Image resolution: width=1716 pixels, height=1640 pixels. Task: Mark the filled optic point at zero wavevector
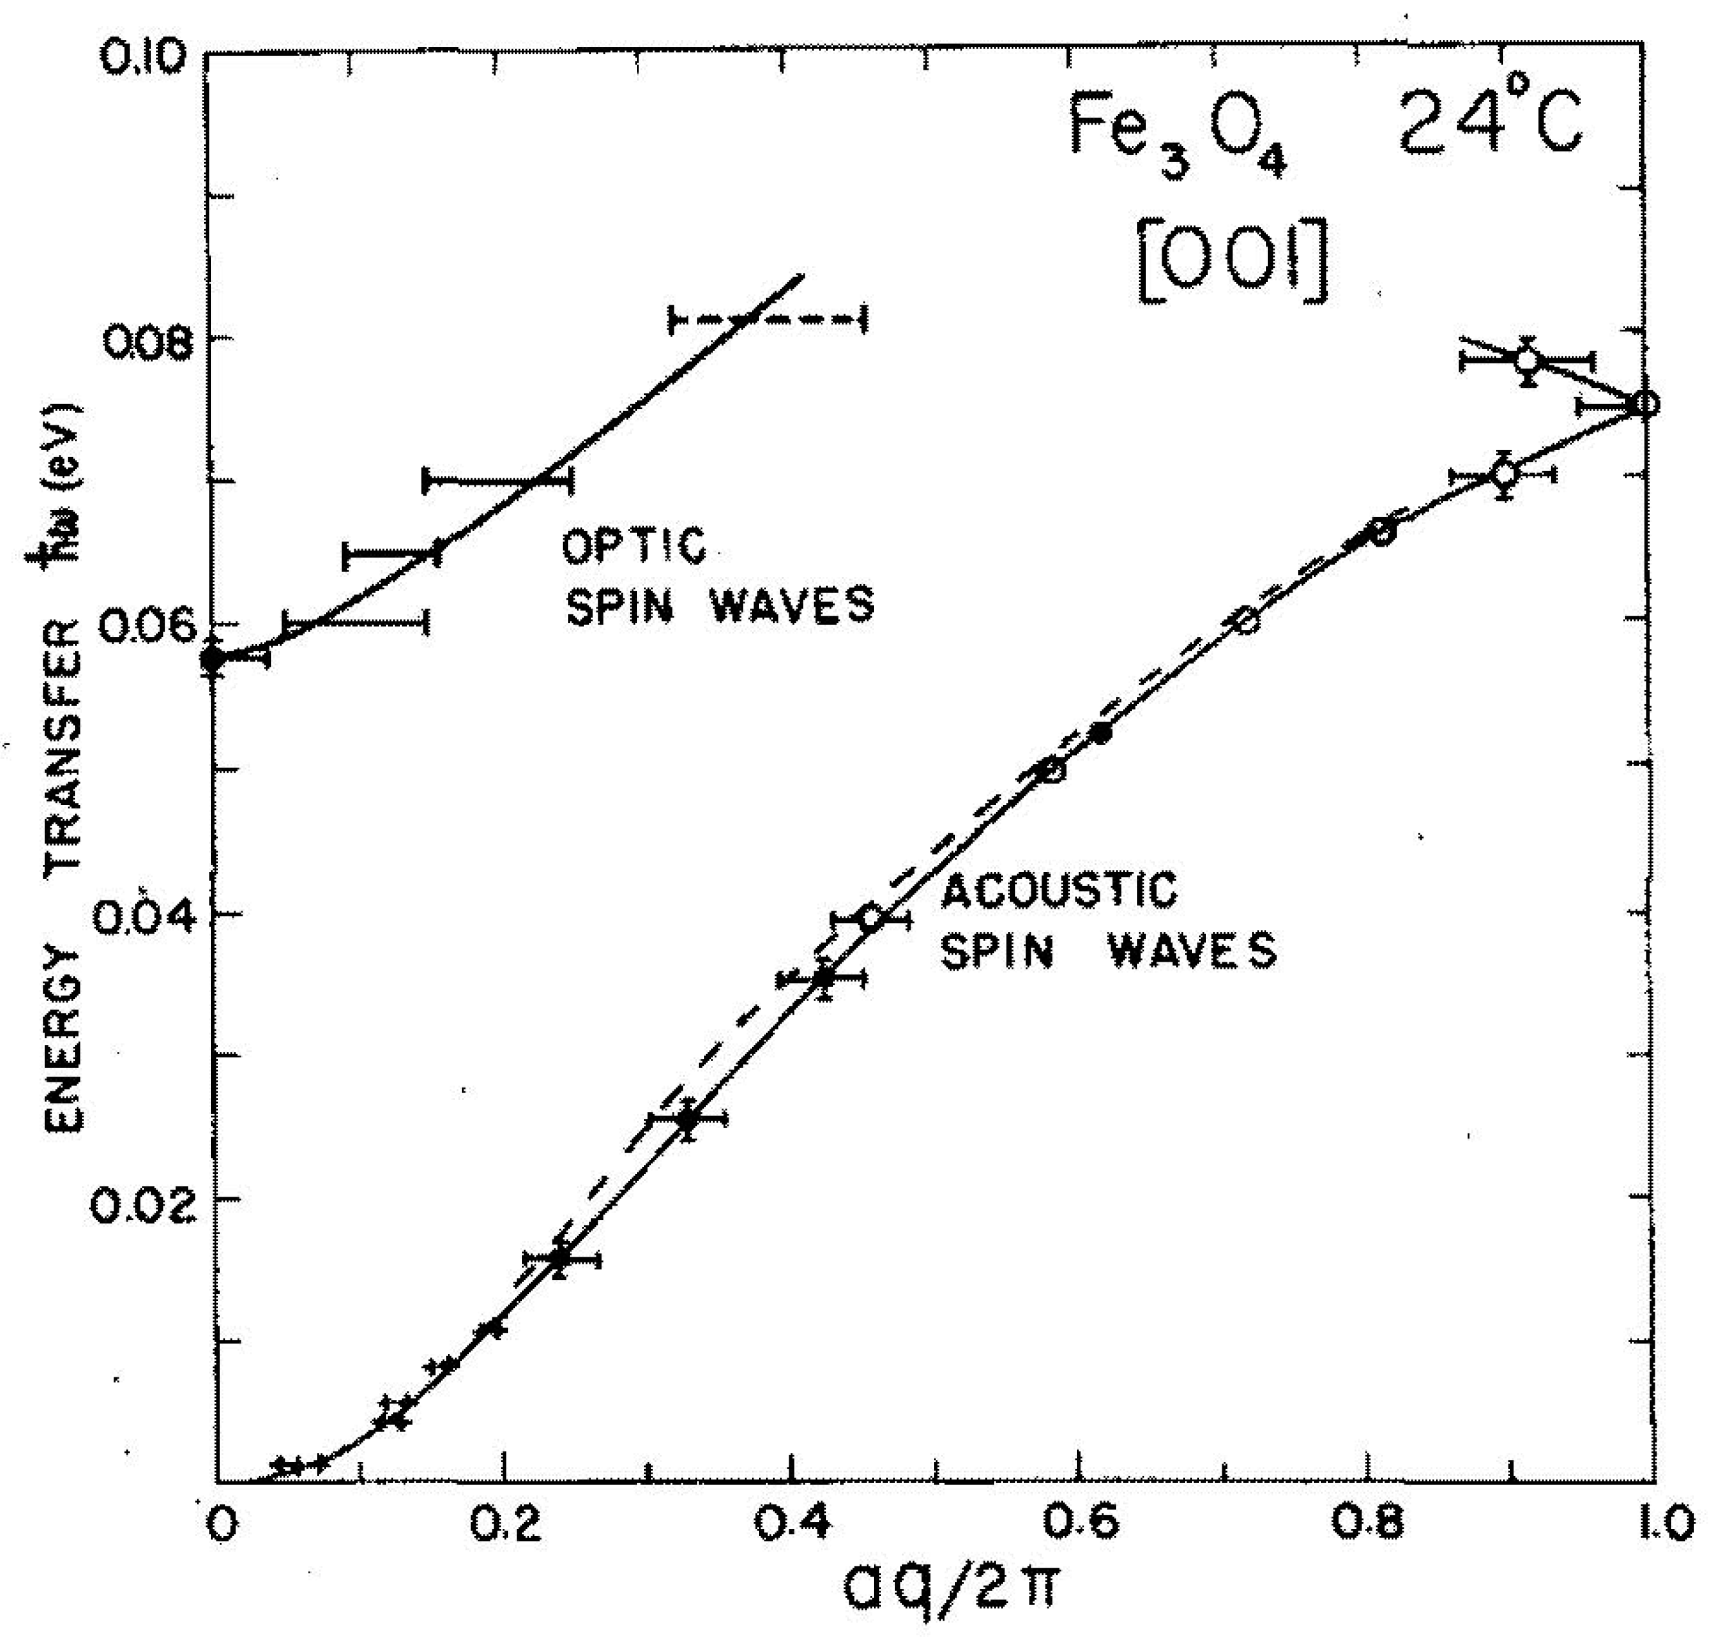coord(212,661)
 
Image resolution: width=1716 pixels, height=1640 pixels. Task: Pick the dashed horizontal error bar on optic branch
coord(767,320)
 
